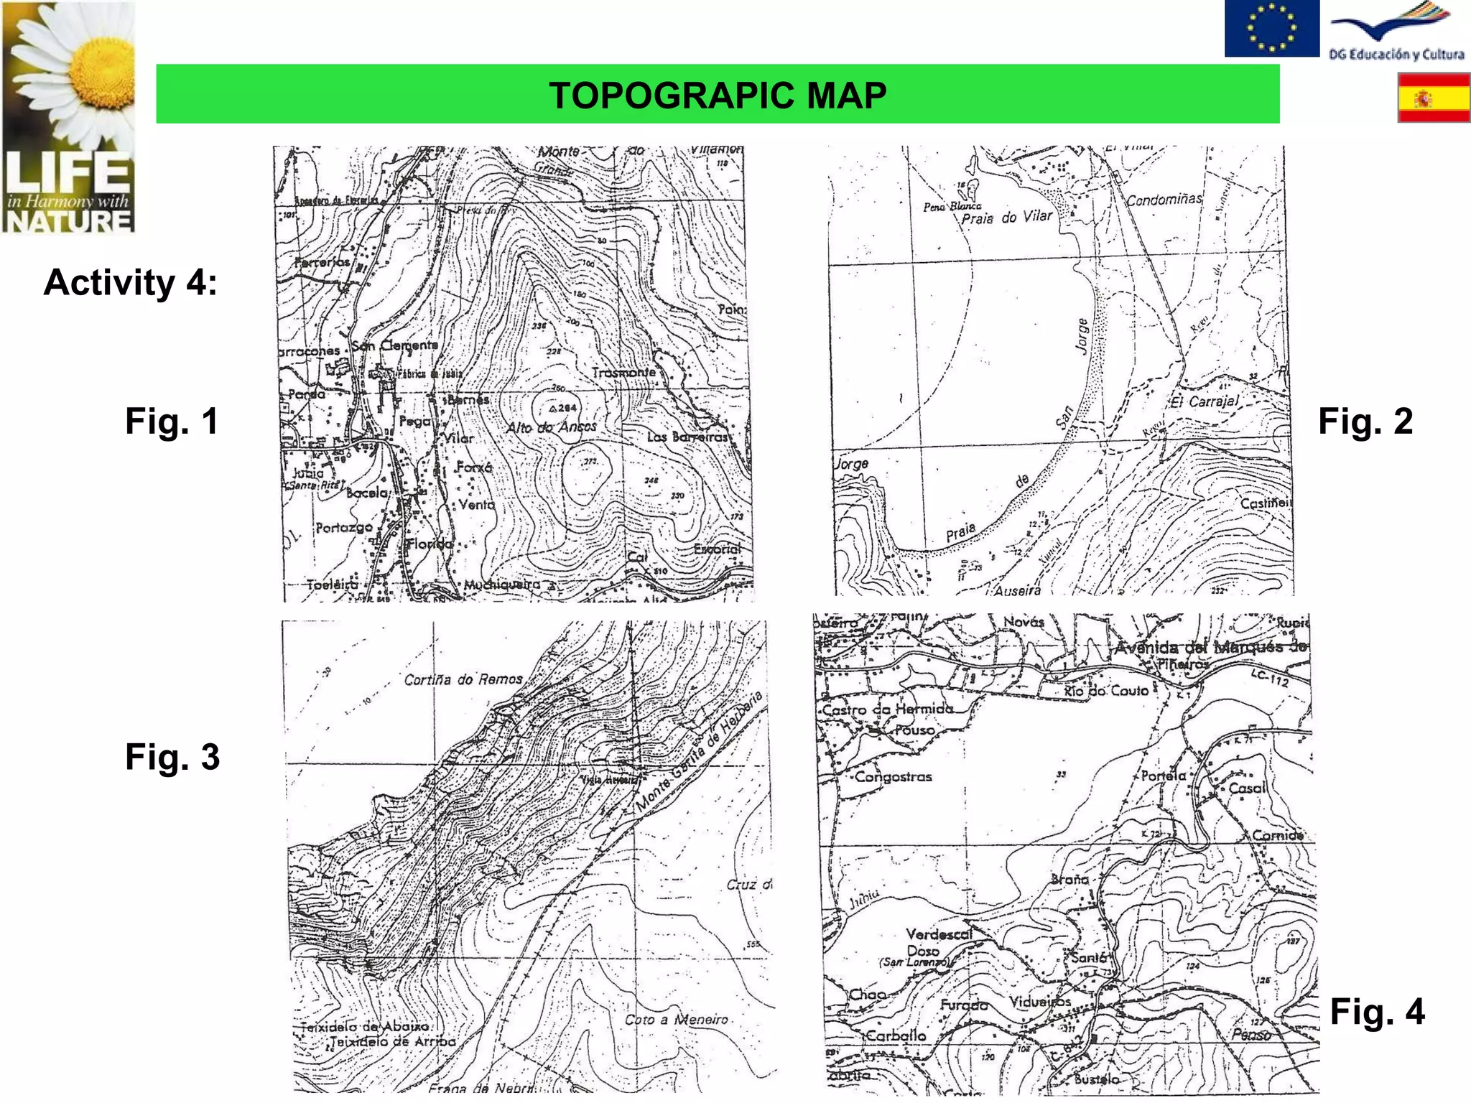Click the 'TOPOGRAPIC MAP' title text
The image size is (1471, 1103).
(718, 96)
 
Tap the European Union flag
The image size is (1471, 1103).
(1271, 28)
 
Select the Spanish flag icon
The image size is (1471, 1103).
(1434, 99)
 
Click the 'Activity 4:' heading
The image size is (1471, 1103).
(130, 282)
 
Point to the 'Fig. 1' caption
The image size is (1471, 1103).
(172, 421)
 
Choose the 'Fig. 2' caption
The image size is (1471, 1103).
(1365, 421)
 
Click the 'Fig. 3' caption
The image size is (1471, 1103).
(172, 757)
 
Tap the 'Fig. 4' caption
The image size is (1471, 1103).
(1377, 1012)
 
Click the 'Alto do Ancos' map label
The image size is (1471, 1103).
(552, 427)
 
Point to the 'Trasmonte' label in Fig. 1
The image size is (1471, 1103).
(623, 373)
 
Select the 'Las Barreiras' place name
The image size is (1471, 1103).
(687, 437)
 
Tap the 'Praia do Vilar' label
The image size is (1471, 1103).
(1007, 217)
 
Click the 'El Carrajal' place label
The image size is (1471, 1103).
(1206, 401)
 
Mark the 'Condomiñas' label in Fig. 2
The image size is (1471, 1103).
(1164, 200)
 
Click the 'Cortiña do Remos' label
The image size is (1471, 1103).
(463, 679)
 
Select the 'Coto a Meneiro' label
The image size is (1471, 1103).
(676, 1020)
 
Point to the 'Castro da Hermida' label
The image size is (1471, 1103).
(888, 709)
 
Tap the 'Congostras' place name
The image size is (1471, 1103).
(893, 777)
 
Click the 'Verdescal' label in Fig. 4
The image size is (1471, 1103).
(939, 934)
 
